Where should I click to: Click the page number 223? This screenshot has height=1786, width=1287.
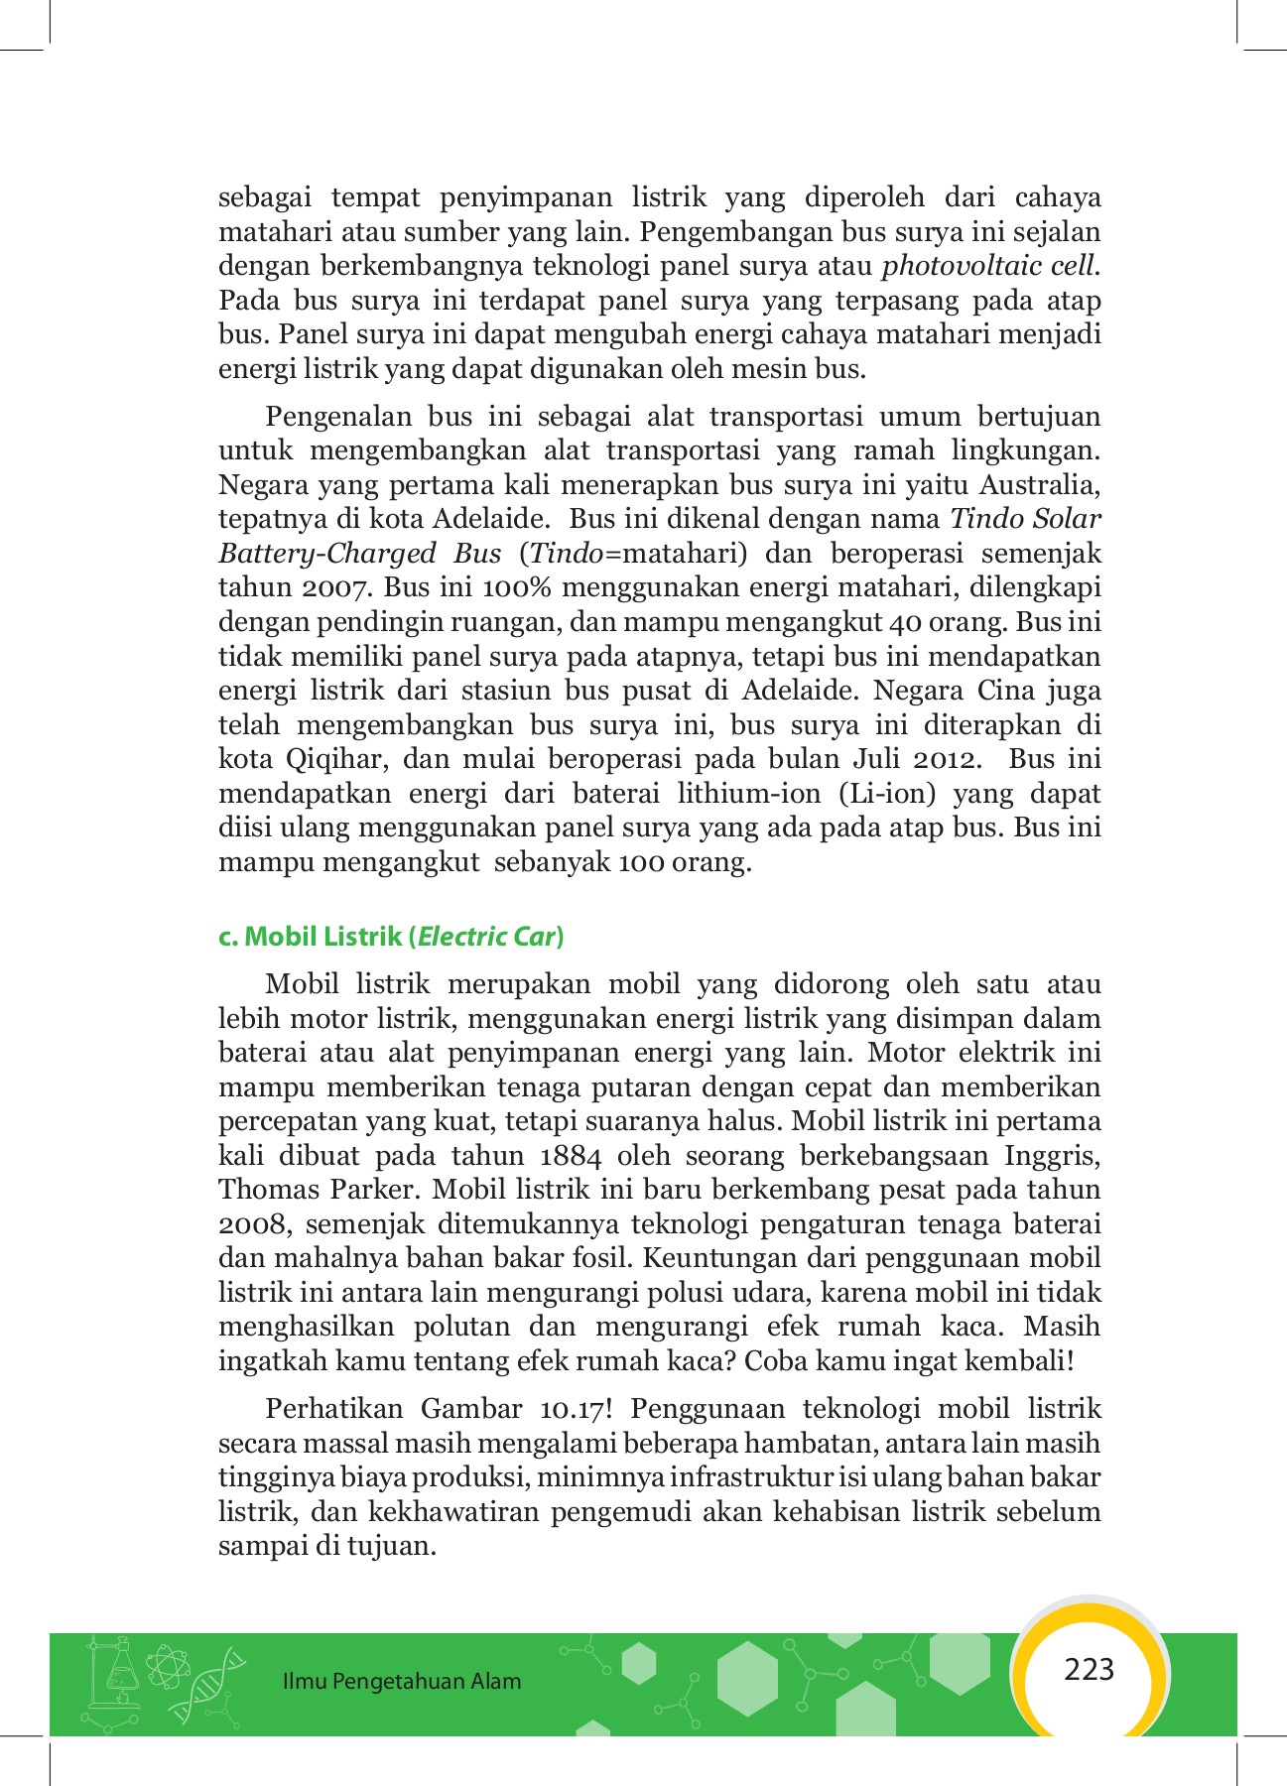[1089, 1670]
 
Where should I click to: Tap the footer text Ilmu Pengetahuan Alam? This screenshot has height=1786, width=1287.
[401, 1681]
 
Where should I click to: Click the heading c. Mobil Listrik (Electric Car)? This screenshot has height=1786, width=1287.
[391, 936]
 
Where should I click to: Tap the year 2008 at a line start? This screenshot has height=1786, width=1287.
[252, 1224]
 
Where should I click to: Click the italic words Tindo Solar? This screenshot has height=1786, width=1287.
[1025, 519]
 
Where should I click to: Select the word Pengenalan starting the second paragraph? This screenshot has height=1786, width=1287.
[337, 417]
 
